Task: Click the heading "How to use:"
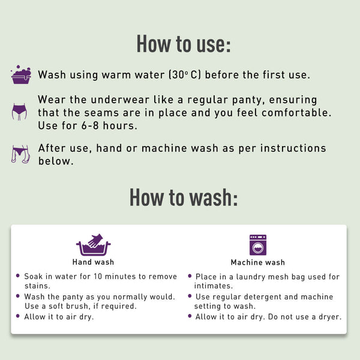(x=184, y=44)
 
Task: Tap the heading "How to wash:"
(x=184, y=197)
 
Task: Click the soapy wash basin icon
(x=21, y=74)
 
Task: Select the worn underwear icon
(x=19, y=112)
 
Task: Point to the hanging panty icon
(x=20, y=154)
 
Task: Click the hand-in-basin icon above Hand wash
(x=93, y=245)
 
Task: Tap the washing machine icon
(x=258, y=245)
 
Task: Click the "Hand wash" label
(x=93, y=262)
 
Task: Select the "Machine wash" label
(x=257, y=262)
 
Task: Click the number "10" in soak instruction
(x=98, y=276)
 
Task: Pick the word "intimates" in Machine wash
(x=212, y=286)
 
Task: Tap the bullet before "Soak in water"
(x=18, y=275)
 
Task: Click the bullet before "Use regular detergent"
(x=190, y=296)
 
